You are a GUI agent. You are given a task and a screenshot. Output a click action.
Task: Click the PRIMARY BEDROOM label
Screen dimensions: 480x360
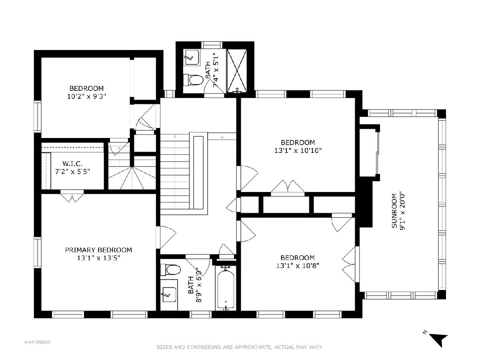(x=98, y=250)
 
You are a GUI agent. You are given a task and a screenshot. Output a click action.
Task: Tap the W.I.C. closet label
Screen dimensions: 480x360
(x=72, y=164)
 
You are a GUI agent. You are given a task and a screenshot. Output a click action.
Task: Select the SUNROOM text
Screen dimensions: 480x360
(x=394, y=211)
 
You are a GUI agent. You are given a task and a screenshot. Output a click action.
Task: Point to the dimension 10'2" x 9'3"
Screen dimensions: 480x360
(x=86, y=96)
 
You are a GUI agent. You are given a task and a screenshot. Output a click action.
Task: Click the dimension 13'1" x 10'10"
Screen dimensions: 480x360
(x=298, y=151)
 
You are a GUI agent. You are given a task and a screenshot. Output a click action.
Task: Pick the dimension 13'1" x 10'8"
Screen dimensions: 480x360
(x=298, y=266)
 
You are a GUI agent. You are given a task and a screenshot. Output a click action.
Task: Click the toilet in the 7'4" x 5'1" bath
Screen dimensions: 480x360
(x=193, y=80)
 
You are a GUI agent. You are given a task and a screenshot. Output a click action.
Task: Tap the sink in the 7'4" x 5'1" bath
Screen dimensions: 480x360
(x=192, y=57)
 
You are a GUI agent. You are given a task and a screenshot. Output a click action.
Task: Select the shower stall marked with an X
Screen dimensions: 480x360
(x=237, y=71)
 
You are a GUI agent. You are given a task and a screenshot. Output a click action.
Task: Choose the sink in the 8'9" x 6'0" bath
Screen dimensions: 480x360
(x=169, y=295)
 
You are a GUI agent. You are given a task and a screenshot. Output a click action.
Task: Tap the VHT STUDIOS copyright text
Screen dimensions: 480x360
(x=37, y=342)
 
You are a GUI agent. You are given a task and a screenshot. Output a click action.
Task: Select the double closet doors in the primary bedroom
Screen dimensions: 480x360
(x=72, y=196)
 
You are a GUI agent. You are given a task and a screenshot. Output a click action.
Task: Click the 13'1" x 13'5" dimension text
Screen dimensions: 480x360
(x=99, y=258)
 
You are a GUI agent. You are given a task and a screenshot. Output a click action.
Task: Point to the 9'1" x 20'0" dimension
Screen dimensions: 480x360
(x=402, y=211)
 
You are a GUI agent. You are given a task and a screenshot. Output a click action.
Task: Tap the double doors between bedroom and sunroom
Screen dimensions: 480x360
(x=350, y=264)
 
